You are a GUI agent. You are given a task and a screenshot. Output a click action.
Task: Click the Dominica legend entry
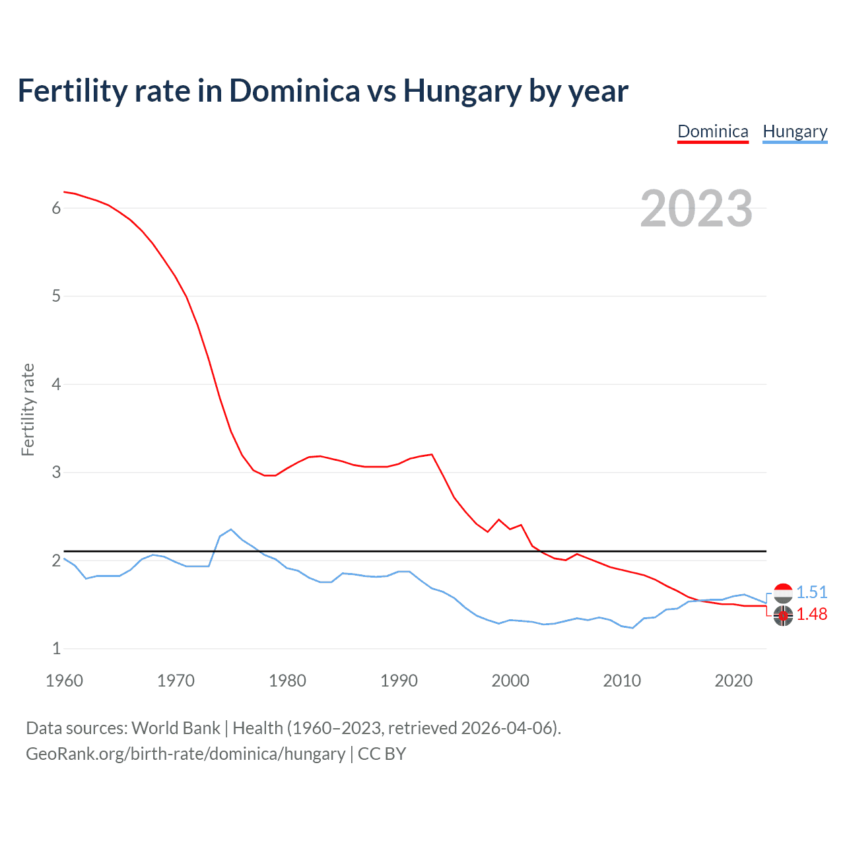(x=713, y=131)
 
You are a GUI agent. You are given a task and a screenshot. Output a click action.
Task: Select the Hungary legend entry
(x=795, y=131)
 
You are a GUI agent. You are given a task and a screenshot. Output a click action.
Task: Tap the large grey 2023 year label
(x=696, y=209)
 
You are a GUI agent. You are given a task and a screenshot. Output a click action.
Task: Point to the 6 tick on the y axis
(x=56, y=208)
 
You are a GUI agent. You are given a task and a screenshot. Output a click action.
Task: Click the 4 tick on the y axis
(x=56, y=384)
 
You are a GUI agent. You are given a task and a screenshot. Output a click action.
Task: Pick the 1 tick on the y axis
(x=56, y=648)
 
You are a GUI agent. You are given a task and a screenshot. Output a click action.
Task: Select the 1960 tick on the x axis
(x=64, y=681)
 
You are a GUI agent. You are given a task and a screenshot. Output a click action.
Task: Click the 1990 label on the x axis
(x=399, y=681)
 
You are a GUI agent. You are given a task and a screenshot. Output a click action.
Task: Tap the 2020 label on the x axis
(x=733, y=681)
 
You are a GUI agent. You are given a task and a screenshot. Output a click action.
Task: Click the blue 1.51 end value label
(x=811, y=592)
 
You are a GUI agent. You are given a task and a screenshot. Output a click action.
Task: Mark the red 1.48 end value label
(x=811, y=614)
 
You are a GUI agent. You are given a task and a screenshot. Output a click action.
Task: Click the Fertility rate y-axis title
(x=28, y=409)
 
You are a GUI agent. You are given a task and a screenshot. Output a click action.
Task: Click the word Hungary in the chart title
(x=462, y=91)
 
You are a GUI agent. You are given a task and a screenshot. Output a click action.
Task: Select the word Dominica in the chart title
(x=294, y=91)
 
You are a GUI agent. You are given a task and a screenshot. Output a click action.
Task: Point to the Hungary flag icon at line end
(x=783, y=593)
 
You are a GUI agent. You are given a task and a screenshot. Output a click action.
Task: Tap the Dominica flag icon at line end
(x=783, y=615)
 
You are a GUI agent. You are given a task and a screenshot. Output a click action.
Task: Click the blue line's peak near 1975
(x=231, y=529)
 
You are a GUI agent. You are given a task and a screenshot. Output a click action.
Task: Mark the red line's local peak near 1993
(x=432, y=454)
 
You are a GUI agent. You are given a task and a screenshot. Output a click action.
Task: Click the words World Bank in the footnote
(x=176, y=728)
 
